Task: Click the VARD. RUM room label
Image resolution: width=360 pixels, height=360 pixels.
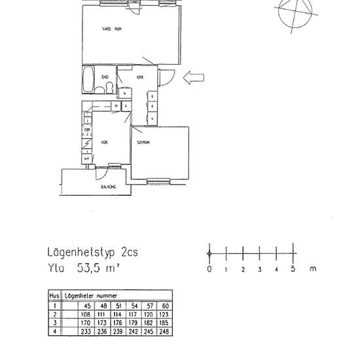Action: [111, 29]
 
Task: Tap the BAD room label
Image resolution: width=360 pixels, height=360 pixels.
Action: [104, 77]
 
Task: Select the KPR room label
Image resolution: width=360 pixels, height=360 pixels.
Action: [139, 77]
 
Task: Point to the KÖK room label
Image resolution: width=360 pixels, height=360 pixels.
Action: [105, 141]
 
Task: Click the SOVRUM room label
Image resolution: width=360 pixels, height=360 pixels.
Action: [144, 141]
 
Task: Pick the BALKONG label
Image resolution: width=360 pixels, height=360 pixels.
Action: [109, 187]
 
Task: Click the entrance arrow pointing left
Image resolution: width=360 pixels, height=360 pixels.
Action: [193, 79]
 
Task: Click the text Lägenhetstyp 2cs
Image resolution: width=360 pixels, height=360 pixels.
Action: [92, 252]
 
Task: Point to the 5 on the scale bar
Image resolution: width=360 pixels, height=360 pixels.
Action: [293, 269]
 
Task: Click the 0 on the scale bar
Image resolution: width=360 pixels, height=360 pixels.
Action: [209, 269]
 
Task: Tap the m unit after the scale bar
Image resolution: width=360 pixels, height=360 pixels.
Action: [313, 269]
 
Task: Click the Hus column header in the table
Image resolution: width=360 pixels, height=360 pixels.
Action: [54, 295]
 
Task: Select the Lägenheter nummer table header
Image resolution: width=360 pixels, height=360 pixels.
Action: [86, 295]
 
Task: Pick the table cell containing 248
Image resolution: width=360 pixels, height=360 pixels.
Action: [165, 332]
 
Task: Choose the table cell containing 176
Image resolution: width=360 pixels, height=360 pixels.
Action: [118, 323]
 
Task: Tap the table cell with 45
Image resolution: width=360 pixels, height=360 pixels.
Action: [86, 304]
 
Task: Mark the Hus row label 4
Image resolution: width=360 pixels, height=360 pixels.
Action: [55, 332]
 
